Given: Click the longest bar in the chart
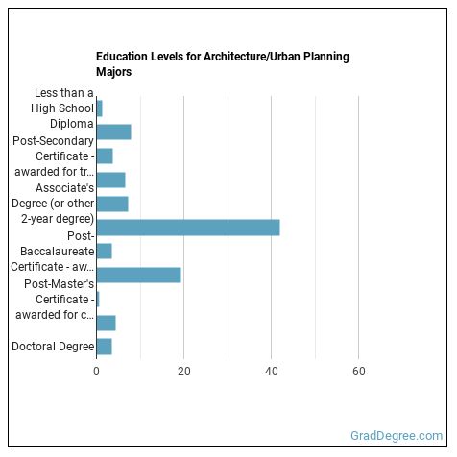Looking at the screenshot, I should tap(188, 228).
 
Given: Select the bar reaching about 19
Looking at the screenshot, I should tap(139, 276).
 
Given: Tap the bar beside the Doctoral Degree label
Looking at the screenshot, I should tap(105, 347).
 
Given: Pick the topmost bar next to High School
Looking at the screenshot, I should tap(99, 108).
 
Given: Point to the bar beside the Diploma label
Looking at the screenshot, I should tap(113, 132).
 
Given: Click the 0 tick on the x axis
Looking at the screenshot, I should tap(96, 371).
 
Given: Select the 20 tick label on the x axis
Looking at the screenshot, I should tap(183, 371).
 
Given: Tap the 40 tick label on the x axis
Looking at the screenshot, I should tap(272, 371).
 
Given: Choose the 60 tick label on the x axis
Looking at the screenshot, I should tap(359, 371).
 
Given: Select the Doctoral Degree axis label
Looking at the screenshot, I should tap(53, 347).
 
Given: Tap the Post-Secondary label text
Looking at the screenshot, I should tap(59, 140).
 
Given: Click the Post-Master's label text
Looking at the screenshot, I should tap(60, 283).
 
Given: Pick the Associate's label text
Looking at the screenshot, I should tap(64, 187).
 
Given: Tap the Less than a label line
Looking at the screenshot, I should tap(63, 93).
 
